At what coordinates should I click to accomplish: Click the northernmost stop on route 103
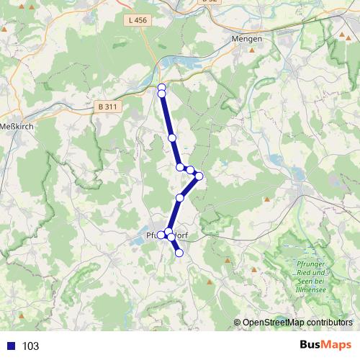162,88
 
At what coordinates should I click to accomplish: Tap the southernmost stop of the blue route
179,253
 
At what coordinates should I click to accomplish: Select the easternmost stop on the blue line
199,176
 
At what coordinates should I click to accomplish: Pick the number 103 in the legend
30,346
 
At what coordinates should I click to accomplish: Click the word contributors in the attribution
330,323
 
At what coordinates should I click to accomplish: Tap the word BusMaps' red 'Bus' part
311,346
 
